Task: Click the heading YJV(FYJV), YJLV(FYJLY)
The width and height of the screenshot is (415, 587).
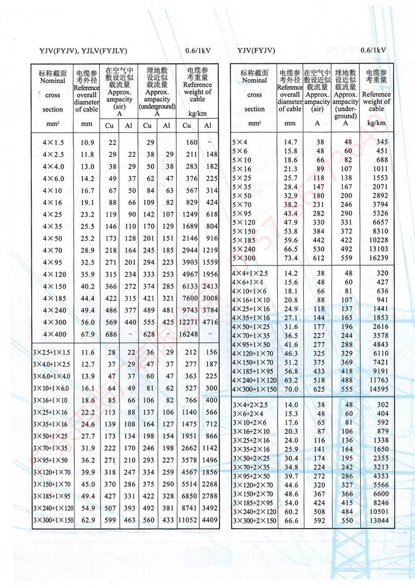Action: coord(83,50)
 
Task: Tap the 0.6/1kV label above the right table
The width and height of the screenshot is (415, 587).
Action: coord(373,50)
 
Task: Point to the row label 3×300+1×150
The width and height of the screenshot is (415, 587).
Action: coord(53,520)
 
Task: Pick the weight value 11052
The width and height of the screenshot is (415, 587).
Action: coord(187,520)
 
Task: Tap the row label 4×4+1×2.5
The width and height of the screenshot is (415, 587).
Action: coord(251,273)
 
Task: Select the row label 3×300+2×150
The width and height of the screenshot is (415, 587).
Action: coord(254,521)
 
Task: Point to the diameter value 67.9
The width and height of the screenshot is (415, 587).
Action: coord(88,334)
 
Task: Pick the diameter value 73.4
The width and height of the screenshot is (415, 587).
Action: coord(291,258)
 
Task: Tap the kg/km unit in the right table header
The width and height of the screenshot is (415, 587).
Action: coord(376,123)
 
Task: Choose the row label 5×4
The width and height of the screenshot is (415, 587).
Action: coord(240,141)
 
